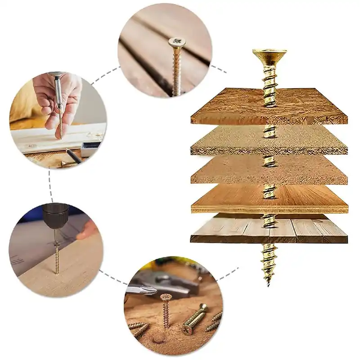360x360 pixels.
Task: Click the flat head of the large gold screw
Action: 269,54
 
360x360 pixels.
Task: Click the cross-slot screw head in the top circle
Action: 177,42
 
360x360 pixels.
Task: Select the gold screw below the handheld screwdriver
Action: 60,124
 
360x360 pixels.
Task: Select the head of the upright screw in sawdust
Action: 166,297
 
